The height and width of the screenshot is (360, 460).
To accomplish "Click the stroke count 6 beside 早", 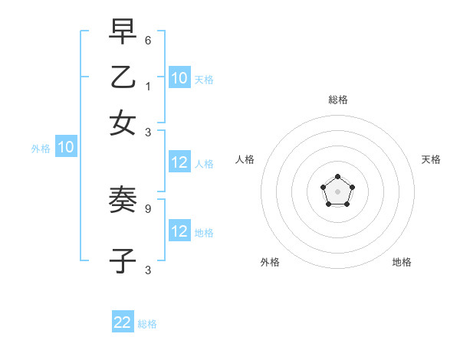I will [147, 38].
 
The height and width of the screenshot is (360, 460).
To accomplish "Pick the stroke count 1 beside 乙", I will [147, 86].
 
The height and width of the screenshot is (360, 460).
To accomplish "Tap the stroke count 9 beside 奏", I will [147, 208].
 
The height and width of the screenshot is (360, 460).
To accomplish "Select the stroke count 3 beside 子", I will [147, 270].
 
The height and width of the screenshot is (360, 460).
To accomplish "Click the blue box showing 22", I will [123, 322].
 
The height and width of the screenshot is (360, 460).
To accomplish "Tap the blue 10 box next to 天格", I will [179, 77].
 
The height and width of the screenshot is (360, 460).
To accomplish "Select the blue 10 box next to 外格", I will [66, 148].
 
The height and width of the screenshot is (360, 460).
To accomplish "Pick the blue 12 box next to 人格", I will [179, 162].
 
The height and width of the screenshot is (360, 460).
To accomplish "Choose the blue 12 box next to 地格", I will [179, 231].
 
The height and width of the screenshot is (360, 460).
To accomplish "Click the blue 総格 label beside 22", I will [147, 324].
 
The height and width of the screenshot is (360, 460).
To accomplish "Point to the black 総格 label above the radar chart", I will [338, 100].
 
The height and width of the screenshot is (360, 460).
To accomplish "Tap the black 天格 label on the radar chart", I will [431, 159].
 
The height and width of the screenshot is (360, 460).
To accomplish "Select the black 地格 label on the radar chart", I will [402, 262].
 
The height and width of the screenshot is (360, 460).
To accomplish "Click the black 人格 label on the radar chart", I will [245, 159].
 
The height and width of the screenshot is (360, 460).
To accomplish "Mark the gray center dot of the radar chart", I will [338, 191].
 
